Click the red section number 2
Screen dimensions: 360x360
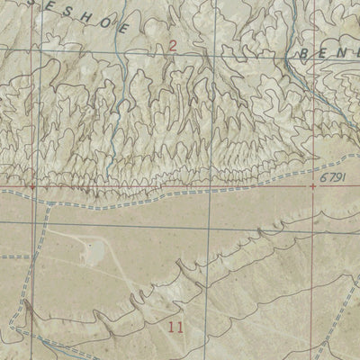point(172,45)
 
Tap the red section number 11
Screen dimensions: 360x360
point(175,327)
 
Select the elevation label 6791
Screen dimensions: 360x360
point(332,182)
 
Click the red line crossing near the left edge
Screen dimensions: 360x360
point(33,188)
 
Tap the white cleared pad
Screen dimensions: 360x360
point(93,253)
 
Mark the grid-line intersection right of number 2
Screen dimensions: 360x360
point(209,56)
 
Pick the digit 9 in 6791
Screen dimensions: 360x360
point(336,182)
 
